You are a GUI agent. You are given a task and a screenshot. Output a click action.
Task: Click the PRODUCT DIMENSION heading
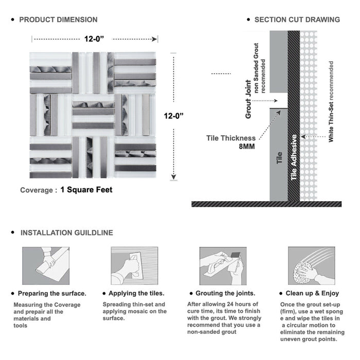click(58, 20)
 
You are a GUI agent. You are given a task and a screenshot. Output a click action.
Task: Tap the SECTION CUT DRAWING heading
click(297, 20)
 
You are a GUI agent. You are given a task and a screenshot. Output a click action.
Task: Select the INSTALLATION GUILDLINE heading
click(67, 233)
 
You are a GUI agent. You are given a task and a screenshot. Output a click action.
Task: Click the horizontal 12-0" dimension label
click(94, 39)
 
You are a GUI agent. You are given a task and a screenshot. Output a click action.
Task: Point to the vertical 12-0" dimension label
click(174, 116)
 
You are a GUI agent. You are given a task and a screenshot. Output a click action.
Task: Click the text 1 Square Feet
click(86, 190)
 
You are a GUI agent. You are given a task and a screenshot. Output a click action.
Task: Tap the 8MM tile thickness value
click(247, 147)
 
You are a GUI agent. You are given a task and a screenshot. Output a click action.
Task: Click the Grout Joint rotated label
click(248, 99)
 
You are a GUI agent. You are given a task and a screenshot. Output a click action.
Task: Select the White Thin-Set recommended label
click(331, 101)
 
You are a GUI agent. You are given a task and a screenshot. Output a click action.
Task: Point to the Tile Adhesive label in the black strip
click(294, 157)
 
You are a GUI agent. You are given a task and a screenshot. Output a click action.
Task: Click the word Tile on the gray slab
click(279, 158)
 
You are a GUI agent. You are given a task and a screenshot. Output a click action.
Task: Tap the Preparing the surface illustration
click(46, 266)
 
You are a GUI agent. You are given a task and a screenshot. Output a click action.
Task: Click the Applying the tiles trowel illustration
click(135, 266)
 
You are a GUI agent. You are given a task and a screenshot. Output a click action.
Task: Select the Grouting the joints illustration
click(223, 266)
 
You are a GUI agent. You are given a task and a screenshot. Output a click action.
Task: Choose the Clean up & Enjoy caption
click(312, 294)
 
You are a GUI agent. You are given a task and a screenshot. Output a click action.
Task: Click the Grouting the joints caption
click(225, 294)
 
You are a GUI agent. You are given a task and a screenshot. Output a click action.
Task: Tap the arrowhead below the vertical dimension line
click(174, 177)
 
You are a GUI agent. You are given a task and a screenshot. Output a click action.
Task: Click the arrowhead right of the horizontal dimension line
click(154, 39)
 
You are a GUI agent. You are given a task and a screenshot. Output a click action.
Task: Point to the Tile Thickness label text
click(231, 138)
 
